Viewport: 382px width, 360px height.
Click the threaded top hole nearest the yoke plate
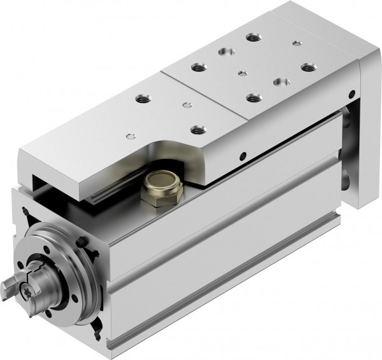(309, 66)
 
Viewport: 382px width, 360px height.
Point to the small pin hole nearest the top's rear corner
(296, 44)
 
